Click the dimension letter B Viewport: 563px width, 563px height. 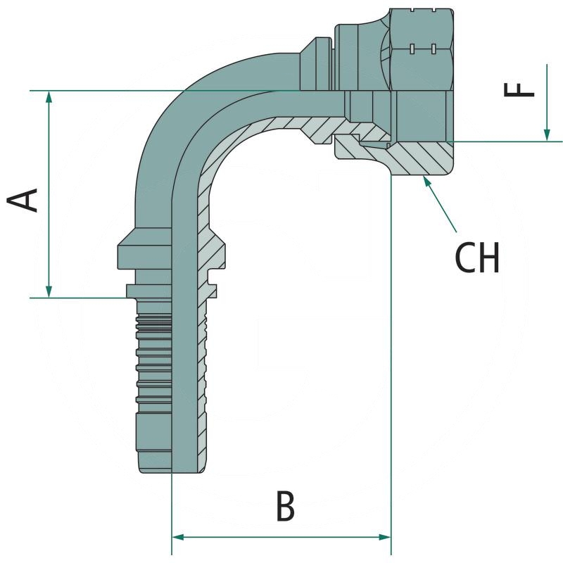tap(284, 506)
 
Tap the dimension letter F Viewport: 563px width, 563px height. tap(521, 89)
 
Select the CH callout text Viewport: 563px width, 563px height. tap(477, 258)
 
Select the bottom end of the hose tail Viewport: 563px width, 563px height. tap(155, 467)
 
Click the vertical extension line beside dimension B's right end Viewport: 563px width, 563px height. tap(391, 352)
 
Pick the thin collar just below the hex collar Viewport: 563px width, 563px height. tap(148, 290)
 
